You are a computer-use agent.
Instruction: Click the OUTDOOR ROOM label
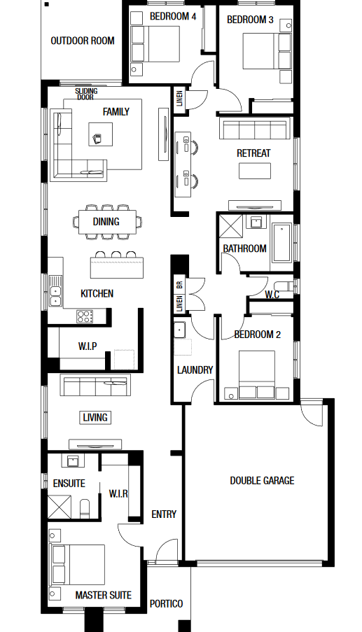click(83, 41)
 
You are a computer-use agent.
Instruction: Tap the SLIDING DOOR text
click(86, 94)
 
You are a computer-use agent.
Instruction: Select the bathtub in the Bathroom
click(281, 243)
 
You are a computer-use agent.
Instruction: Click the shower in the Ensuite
click(60, 507)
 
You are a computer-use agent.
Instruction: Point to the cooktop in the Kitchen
click(85, 316)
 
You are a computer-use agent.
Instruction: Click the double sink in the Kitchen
click(55, 290)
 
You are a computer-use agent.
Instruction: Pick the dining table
click(107, 222)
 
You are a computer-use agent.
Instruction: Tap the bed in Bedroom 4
click(155, 44)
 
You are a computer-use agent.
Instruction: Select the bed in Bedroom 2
click(257, 375)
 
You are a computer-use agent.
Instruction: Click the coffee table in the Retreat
click(255, 171)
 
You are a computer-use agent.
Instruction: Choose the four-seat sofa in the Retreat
click(255, 128)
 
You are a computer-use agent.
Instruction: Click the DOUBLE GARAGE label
click(262, 480)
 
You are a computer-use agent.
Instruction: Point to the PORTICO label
click(167, 604)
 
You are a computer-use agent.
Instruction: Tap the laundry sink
click(179, 330)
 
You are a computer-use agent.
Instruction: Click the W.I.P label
click(88, 346)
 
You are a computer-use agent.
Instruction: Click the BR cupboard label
click(179, 284)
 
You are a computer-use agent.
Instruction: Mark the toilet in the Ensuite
click(85, 509)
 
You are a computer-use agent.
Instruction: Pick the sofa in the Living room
click(95, 385)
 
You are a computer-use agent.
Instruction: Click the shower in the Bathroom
click(231, 226)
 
